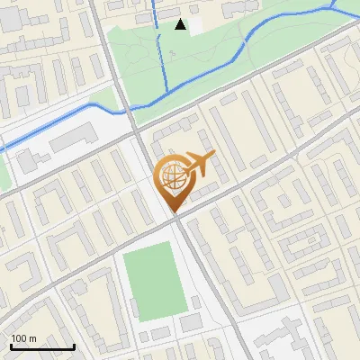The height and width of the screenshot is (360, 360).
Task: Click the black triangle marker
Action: (181, 24)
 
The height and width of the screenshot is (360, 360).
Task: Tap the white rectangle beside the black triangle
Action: (196, 26)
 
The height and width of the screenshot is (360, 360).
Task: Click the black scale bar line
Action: (42, 347)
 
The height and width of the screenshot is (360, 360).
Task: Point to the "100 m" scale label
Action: (23, 338)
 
